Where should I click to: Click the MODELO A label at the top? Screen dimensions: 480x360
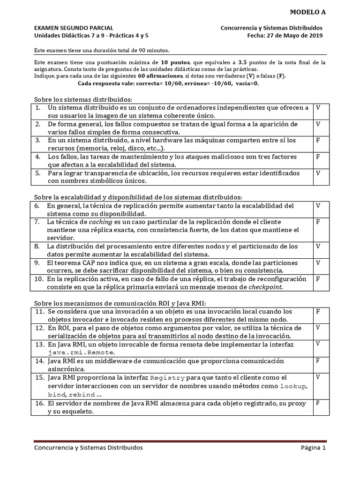[x=307, y=12]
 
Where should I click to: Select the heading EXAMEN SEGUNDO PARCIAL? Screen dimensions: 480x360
[x=74, y=28]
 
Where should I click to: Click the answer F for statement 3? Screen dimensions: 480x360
[x=318, y=140]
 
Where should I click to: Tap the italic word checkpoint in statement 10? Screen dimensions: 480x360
[x=265, y=287]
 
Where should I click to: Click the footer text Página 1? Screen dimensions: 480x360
[x=313, y=448]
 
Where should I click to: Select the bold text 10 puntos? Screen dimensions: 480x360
[x=175, y=62]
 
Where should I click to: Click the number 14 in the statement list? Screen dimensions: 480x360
[x=39, y=361]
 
